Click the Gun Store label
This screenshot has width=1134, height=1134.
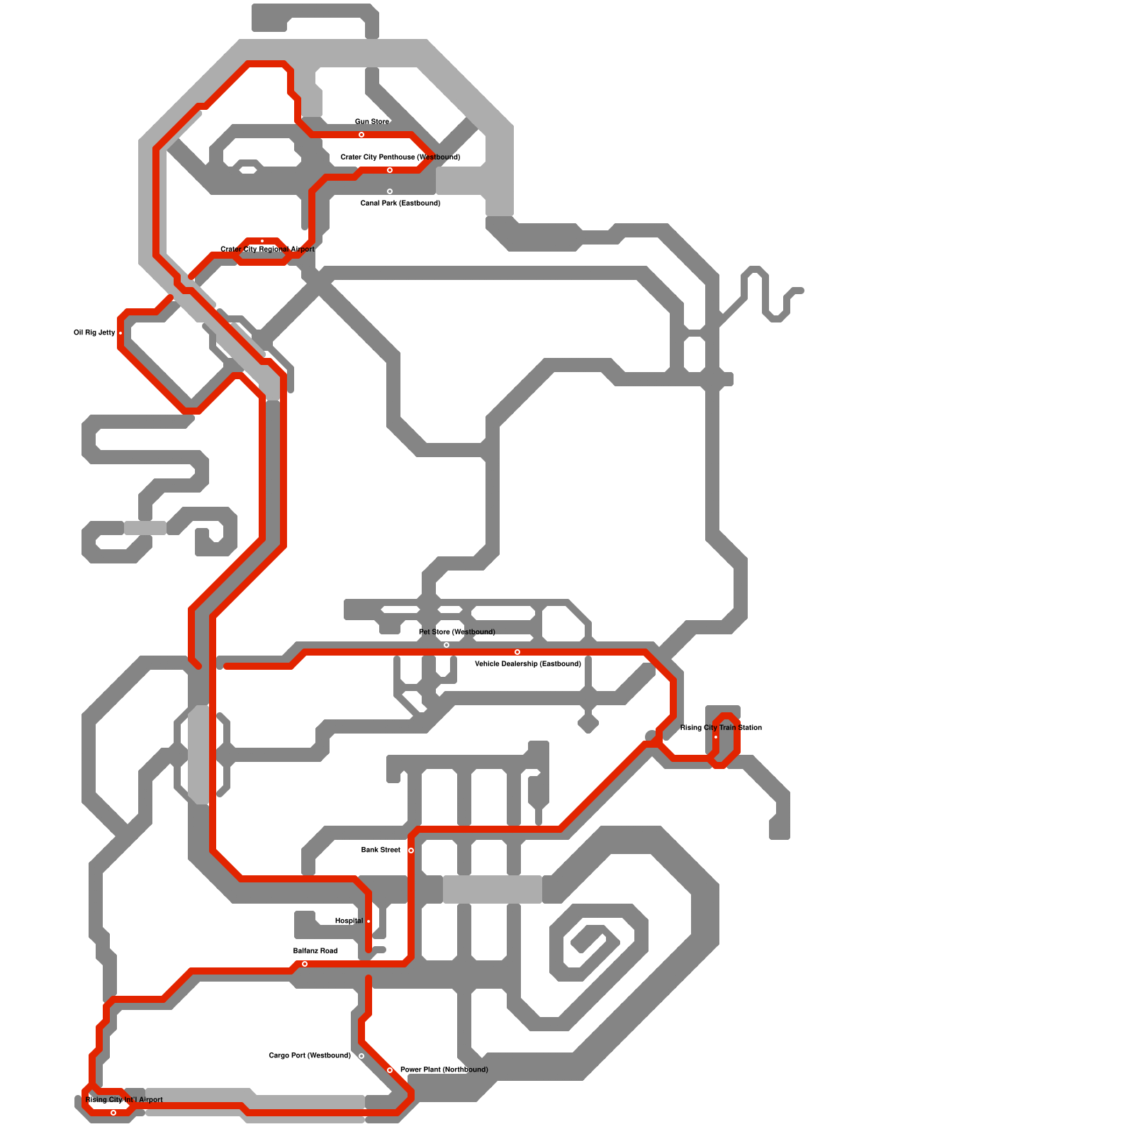371,122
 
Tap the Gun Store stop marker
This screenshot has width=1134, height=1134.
361,135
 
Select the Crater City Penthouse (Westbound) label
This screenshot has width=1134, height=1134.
400,157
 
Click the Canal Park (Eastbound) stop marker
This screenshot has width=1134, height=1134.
390,191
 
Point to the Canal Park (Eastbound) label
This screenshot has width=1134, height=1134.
400,203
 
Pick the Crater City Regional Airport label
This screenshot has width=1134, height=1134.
267,249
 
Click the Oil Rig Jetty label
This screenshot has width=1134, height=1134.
94,333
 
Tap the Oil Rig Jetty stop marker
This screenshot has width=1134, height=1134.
120,333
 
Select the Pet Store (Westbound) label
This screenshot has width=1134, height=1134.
456,632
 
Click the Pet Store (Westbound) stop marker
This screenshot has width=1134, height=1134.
447,645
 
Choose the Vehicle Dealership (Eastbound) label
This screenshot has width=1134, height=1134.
527,664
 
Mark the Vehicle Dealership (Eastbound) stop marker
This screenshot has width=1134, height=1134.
517,652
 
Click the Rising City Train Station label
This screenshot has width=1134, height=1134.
721,728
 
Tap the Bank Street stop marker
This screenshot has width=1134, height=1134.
411,850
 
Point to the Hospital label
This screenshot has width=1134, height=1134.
349,921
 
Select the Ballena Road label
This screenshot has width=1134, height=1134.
315,951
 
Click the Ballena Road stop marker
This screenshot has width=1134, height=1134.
305,964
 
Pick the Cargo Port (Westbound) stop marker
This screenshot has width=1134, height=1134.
361,1056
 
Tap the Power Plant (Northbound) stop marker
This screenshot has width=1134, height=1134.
390,1070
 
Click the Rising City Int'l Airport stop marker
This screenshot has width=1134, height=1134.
113,1113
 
